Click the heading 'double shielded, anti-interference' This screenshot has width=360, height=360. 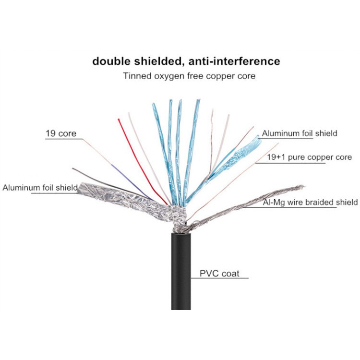(186, 61)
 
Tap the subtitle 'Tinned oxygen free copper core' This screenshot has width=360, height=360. (189, 76)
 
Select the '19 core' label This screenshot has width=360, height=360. (61, 133)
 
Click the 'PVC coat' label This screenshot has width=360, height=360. (219, 274)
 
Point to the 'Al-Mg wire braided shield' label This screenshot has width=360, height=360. (310, 202)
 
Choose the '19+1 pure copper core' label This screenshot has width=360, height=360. (309, 157)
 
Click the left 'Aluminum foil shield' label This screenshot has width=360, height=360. (40, 188)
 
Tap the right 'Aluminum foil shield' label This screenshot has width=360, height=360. (300, 133)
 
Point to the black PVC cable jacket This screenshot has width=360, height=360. (181, 271)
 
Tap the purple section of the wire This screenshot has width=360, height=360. (131, 182)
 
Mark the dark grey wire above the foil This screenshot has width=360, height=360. (110, 184)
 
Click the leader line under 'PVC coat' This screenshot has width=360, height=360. (220, 278)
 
